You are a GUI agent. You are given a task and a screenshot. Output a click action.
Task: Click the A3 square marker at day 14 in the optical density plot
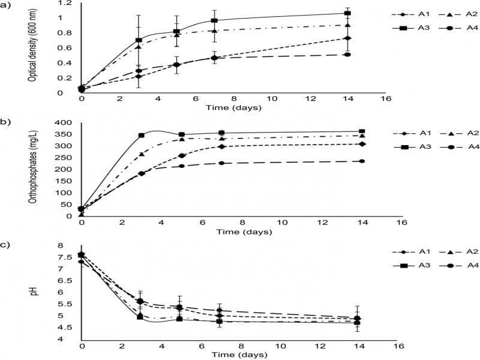362,13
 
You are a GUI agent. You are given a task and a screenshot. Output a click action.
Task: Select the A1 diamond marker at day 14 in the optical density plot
362,38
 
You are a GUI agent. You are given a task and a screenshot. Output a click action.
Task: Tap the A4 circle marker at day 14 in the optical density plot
362,55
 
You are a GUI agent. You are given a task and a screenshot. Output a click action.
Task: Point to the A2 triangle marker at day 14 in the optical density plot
362,25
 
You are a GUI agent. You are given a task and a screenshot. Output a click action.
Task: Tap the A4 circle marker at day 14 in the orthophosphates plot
362,161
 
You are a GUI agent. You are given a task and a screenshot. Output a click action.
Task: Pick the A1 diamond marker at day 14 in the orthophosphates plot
362,144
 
